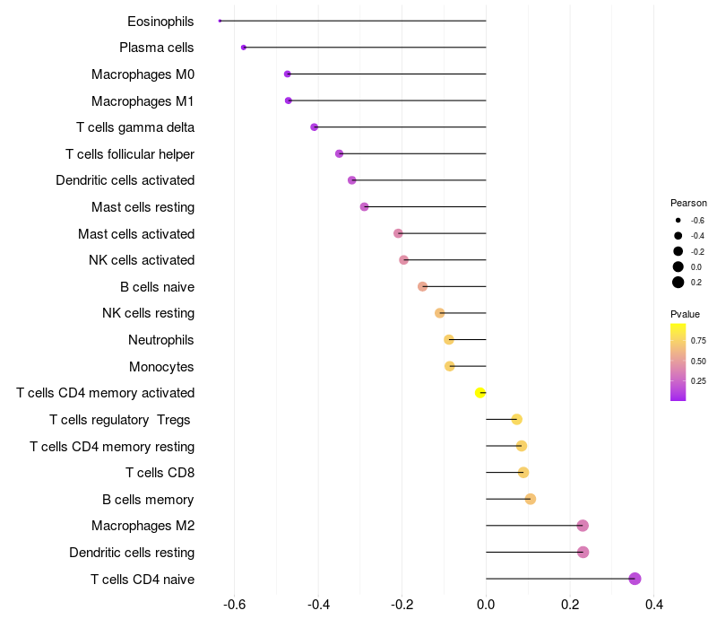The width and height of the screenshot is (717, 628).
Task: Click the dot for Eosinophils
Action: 220,21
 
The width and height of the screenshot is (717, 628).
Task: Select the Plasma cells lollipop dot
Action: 244,48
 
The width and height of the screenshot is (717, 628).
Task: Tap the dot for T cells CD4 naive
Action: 635,579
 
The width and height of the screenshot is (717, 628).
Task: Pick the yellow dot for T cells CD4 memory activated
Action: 480,393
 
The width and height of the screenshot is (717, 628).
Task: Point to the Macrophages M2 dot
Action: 583,526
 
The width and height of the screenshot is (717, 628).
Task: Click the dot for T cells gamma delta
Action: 315,127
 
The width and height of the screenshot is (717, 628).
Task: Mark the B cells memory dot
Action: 531,499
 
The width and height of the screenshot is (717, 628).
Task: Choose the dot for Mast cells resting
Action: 365,207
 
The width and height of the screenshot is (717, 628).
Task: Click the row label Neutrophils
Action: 161,340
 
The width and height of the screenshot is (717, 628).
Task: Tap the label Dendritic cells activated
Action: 125,180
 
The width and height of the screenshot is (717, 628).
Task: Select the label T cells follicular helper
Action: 130,154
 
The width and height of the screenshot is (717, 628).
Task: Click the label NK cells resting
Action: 148,313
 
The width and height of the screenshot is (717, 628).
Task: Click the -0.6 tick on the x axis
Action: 234,605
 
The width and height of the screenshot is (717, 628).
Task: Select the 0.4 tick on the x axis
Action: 654,605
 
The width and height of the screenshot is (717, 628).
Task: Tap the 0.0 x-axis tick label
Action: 486,605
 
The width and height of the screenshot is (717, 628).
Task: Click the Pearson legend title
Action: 688,203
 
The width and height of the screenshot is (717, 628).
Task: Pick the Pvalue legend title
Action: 685,314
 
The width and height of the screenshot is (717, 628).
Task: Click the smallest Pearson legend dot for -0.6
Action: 678,220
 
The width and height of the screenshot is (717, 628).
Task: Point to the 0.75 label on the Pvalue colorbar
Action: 698,340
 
